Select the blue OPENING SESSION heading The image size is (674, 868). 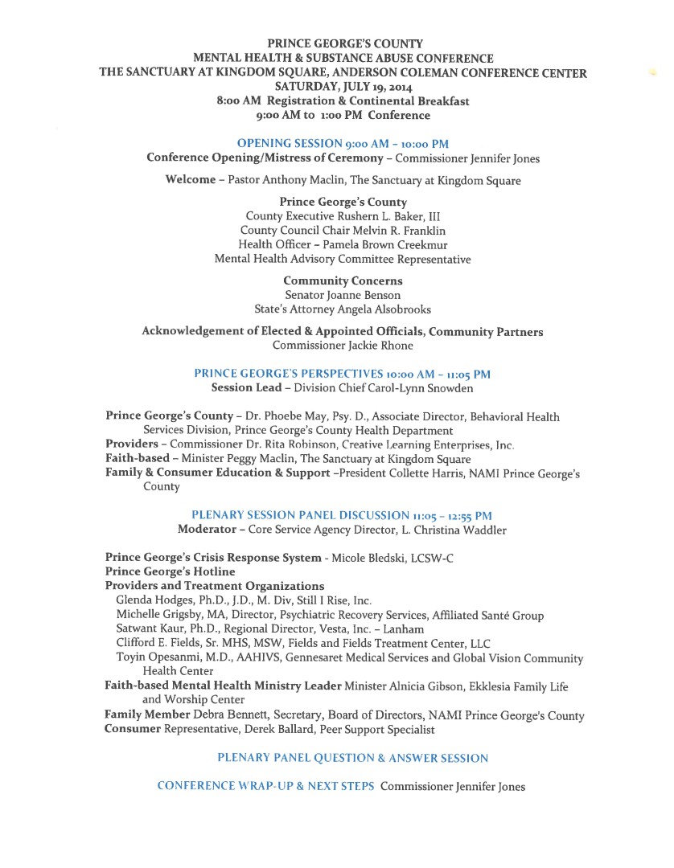coord(343,143)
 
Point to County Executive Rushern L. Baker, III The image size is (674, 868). coord(343,216)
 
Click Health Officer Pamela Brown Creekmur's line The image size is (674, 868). coord(343,244)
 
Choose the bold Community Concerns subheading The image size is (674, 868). coord(343,281)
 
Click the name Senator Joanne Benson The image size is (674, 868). coord(343,295)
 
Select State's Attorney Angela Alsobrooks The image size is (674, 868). coord(343,309)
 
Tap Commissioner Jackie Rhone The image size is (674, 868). coord(343,346)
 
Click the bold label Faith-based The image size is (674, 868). coord(138,459)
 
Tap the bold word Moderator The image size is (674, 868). coord(207,530)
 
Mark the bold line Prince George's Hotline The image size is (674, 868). coord(170,571)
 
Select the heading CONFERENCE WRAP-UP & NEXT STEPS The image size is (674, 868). coord(265,786)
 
